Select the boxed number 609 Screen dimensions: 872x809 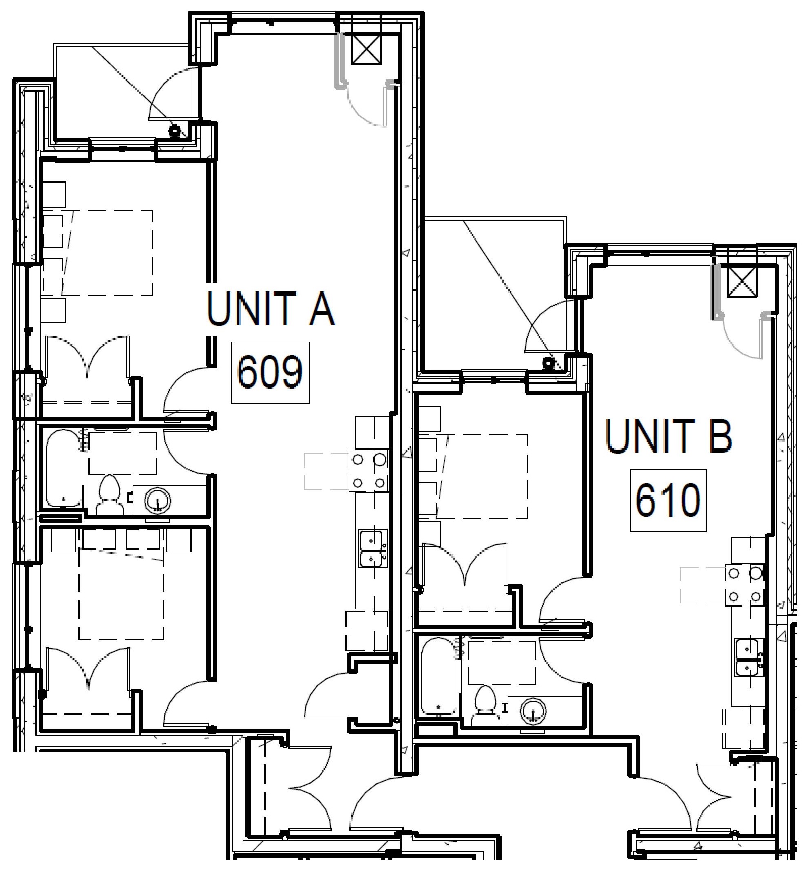[x=270, y=372]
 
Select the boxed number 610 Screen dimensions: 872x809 [x=668, y=500]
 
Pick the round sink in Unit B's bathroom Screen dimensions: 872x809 [x=533, y=709]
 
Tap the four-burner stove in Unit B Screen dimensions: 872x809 [x=745, y=585]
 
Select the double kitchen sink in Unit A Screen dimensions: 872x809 [x=373, y=548]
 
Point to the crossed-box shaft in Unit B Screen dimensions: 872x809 [x=742, y=282]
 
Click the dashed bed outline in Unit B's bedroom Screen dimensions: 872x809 [x=482, y=476]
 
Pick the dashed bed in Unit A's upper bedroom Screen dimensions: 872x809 [x=107, y=252]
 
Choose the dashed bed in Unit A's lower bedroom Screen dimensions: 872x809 [x=121, y=594]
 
